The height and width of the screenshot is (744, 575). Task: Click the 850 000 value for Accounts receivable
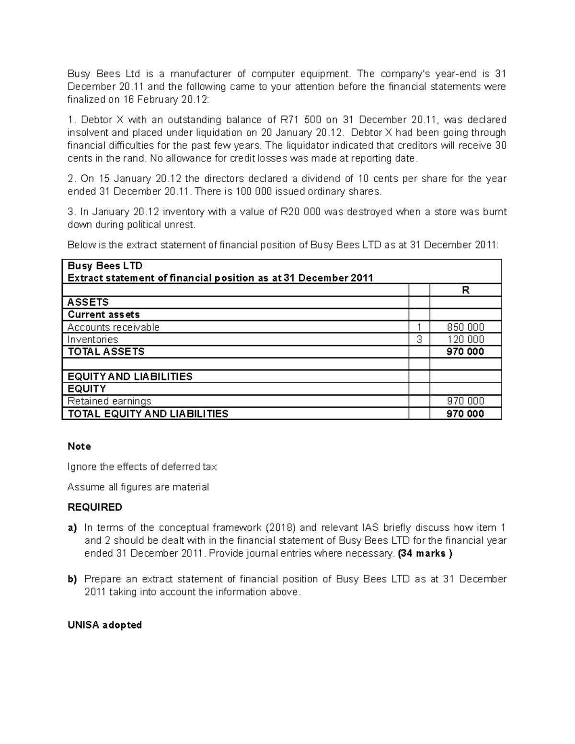(x=465, y=327)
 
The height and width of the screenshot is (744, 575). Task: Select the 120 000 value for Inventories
(x=465, y=340)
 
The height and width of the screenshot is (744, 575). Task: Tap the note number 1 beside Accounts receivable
(x=419, y=327)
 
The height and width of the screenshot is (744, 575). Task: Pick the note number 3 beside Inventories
(x=419, y=340)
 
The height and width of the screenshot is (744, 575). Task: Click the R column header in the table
(x=465, y=290)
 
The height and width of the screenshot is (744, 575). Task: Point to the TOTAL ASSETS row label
(x=106, y=352)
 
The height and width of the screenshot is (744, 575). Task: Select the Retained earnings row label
(x=109, y=401)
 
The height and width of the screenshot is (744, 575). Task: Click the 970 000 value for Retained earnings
(x=465, y=401)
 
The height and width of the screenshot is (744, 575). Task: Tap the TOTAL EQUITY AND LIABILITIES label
(x=148, y=414)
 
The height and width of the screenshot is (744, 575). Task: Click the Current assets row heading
(x=103, y=315)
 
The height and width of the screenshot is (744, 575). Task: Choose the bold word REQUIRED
(x=95, y=507)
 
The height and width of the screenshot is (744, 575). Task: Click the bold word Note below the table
(x=79, y=446)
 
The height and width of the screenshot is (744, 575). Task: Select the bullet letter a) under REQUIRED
(x=72, y=528)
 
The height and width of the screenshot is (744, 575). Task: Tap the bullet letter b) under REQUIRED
(x=72, y=579)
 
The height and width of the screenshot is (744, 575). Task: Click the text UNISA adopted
(x=104, y=625)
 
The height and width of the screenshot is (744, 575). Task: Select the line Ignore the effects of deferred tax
(x=142, y=467)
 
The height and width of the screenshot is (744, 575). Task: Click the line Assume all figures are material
(x=138, y=487)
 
